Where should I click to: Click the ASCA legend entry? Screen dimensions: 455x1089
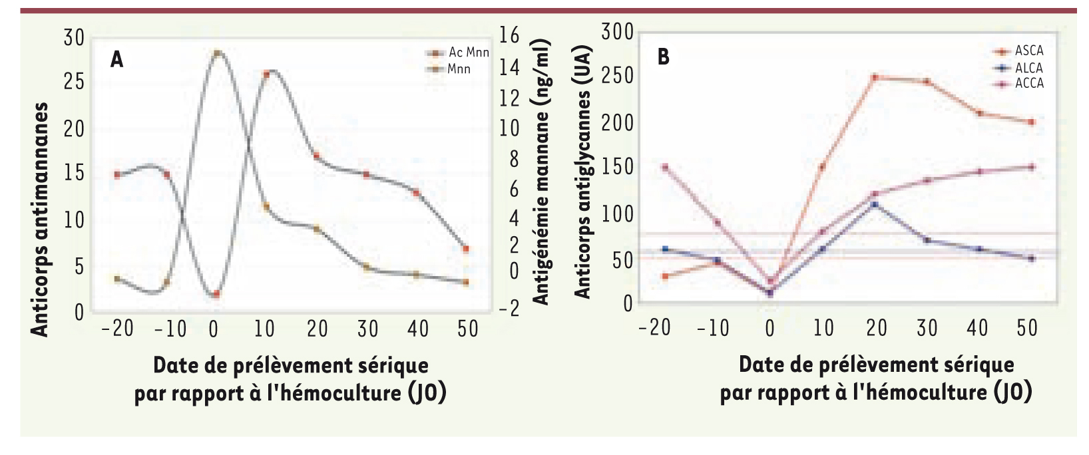pyautogui.click(x=1028, y=51)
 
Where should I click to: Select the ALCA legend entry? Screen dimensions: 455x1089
pyautogui.click(x=1028, y=68)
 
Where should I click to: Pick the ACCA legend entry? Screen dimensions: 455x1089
pyautogui.click(x=1028, y=84)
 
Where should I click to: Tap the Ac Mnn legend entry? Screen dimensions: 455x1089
pyautogui.click(x=468, y=53)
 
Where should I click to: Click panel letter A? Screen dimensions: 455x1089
pyautogui.click(x=117, y=60)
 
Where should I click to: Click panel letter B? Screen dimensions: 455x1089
pyautogui.click(x=663, y=57)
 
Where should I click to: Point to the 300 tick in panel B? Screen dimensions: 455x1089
pyautogui.click(x=617, y=32)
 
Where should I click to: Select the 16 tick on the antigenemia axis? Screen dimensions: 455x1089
pyautogui.click(x=509, y=35)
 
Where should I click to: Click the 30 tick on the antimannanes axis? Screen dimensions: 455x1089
pyautogui.click(x=74, y=38)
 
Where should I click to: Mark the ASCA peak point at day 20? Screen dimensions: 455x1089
pyautogui.click(x=875, y=77)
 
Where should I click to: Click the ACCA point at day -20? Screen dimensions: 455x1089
pyautogui.click(x=664, y=167)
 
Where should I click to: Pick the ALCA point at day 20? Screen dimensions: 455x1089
pyautogui.click(x=875, y=204)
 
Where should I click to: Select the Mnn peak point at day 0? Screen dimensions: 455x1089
pyautogui.click(x=216, y=53)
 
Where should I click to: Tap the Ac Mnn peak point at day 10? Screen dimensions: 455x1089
pyautogui.click(x=266, y=75)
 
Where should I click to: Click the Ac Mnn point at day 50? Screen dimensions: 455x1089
pyautogui.click(x=465, y=249)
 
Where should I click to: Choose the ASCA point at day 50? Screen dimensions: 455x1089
pyautogui.click(x=1031, y=122)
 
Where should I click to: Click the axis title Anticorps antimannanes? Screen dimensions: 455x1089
pyautogui.click(x=40, y=220)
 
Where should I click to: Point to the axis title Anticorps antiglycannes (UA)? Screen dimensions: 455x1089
pyautogui.click(x=582, y=172)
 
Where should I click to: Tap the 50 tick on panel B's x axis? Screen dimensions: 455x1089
pyautogui.click(x=1027, y=328)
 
